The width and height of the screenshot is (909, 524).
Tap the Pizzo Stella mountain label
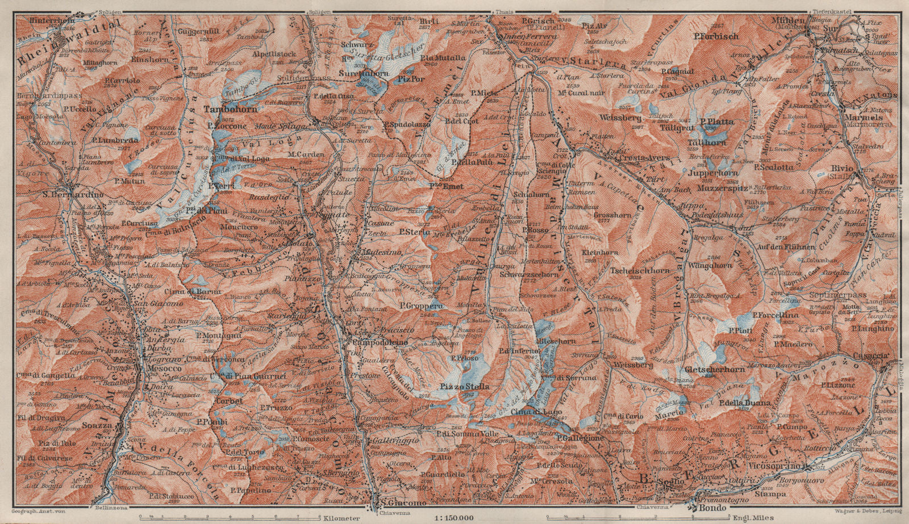464,387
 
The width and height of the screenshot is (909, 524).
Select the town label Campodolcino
377,343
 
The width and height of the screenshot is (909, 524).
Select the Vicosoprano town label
779,467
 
